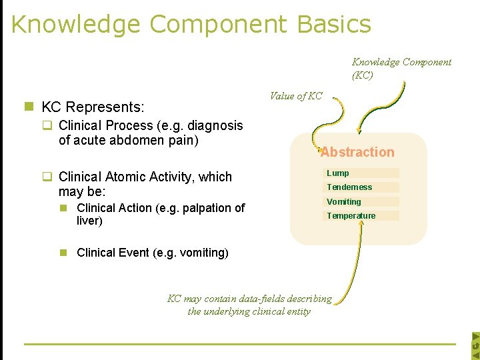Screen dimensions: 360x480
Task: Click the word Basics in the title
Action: pos(334,24)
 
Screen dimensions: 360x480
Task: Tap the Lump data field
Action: pos(338,173)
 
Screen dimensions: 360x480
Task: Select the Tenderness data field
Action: pos(349,187)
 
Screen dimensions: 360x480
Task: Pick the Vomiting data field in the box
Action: pos(344,201)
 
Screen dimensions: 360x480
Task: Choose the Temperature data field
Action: pos(351,215)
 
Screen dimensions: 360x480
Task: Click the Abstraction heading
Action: pos(357,152)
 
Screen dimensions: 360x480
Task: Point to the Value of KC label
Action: pos(295,96)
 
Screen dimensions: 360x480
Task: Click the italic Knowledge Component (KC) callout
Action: pos(401,68)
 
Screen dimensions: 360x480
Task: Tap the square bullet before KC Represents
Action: pos(29,107)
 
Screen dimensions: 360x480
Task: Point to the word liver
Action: pos(89,221)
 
